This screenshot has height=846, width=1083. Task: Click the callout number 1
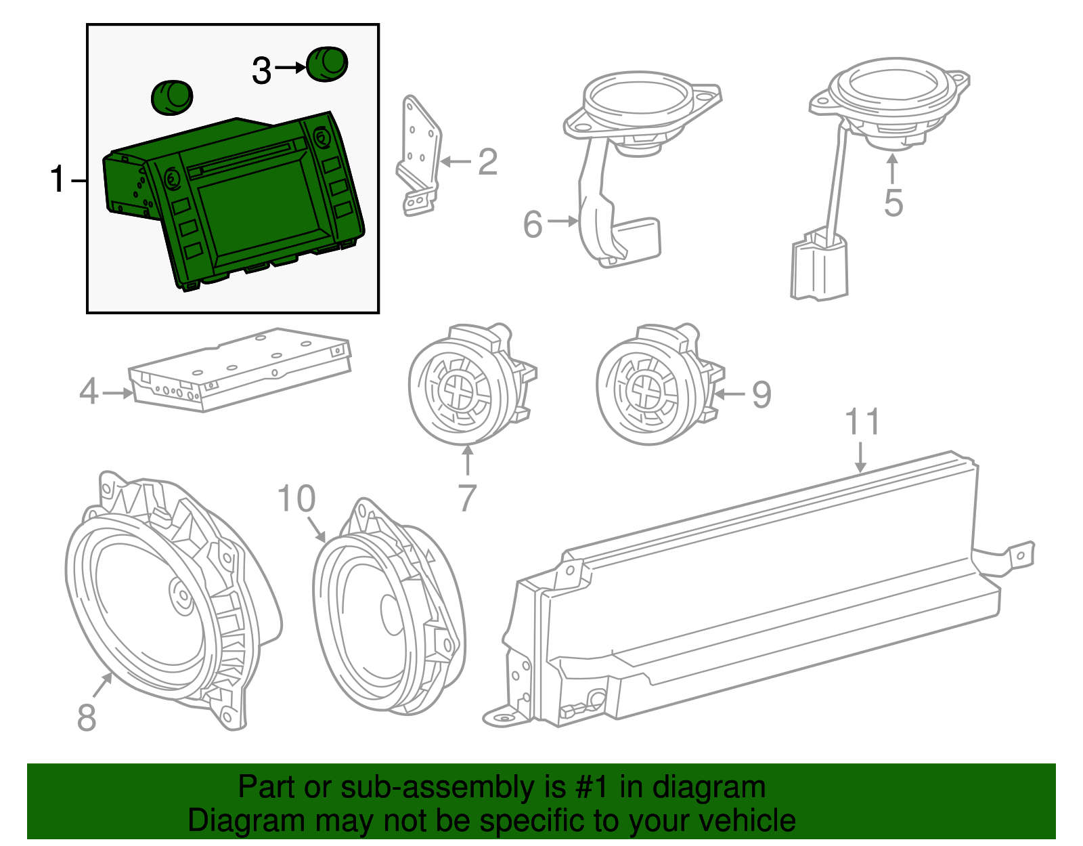(x=58, y=179)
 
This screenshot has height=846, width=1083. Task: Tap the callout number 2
(x=487, y=163)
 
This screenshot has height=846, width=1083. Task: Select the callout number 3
(x=262, y=70)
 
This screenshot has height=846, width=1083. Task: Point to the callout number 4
(x=89, y=392)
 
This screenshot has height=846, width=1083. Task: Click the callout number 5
(x=893, y=203)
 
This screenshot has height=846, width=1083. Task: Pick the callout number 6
(x=533, y=224)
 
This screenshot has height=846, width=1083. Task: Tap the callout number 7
(x=468, y=498)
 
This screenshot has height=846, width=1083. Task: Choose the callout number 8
(x=87, y=717)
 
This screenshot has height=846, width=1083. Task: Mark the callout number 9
(x=761, y=395)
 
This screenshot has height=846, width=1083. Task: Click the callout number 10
(x=296, y=499)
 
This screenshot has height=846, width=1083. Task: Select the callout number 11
(x=863, y=421)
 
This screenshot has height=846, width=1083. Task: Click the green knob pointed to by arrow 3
(x=328, y=64)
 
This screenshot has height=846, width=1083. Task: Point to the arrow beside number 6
(x=562, y=221)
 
